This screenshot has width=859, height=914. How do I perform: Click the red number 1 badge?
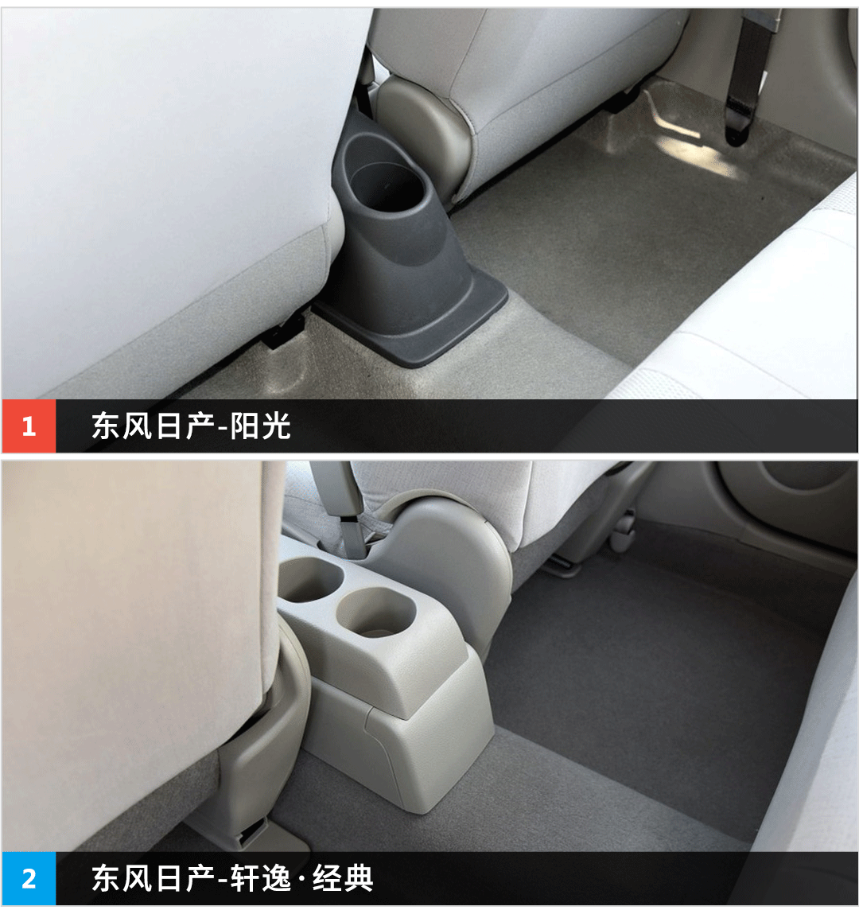(x=29, y=426)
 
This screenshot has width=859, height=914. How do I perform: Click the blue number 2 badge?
(x=29, y=878)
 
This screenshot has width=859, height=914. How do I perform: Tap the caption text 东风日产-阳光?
(x=191, y=426)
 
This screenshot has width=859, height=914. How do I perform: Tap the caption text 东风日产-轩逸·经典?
(x=232, y=878)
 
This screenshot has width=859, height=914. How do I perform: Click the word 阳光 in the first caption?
(x=261, y=426)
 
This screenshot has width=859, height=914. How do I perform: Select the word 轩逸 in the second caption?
(x=261, y=878)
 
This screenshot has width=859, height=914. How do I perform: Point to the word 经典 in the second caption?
(x=343, y=878)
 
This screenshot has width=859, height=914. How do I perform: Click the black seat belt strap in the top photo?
(x=749, y=76)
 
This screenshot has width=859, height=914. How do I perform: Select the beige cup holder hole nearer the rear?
(x=376, y=612)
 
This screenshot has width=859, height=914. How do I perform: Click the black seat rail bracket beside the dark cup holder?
(x=285, y=330)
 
